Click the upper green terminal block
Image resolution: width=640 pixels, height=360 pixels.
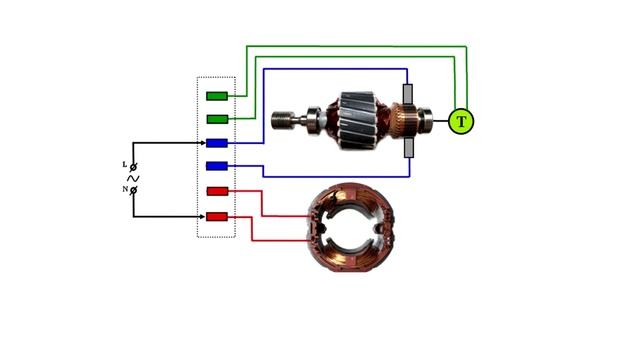tap(217, 96)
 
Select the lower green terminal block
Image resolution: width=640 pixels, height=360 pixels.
tap(217, 119)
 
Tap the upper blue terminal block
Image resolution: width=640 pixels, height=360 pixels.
tap(217, 143)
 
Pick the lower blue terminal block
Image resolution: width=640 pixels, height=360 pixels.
tap(217, 166)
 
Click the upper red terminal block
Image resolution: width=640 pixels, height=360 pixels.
tap(218, 191)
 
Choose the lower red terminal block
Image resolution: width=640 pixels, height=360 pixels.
tap(217, 217)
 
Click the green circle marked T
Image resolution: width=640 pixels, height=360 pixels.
tap(461, 121)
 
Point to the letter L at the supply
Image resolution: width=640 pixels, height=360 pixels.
tap(125, 164)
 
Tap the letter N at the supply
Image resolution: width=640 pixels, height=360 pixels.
tap(125, 189)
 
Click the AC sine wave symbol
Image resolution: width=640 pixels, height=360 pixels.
tap(133, 178)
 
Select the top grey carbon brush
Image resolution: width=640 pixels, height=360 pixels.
tap(408, 94)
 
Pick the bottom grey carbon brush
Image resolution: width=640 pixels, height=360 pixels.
tap(409, 148)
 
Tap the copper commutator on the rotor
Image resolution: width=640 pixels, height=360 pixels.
tap(404, 121)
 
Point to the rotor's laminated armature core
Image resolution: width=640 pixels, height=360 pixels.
tap(358, 120)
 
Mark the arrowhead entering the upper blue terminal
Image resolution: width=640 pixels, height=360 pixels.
tap(203, 143)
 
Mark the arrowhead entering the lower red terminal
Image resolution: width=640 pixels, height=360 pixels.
tap(202, 217)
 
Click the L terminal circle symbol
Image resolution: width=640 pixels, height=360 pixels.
tap(133, 167)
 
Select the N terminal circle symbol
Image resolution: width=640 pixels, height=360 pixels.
tap(133, 190)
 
